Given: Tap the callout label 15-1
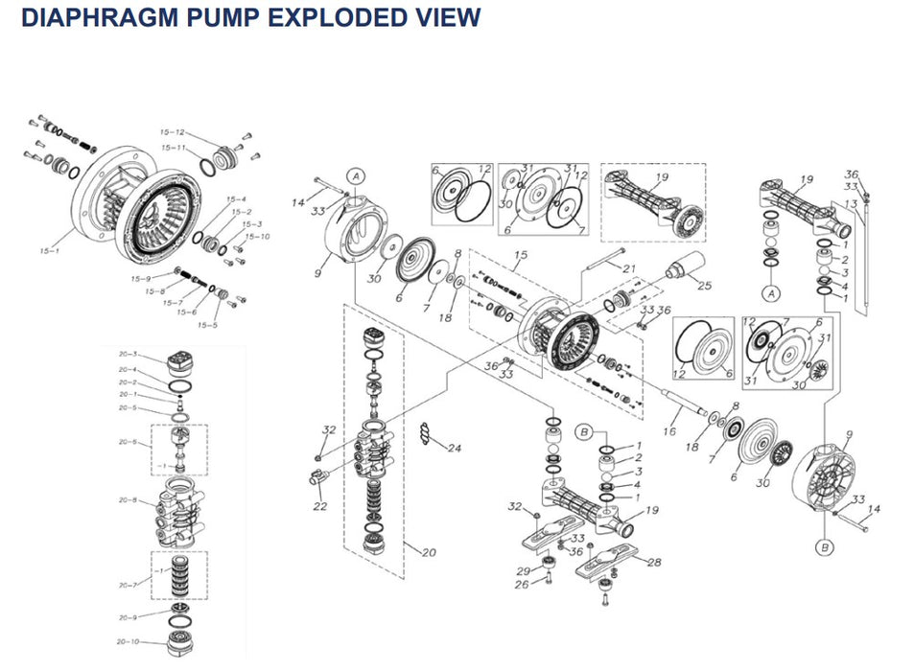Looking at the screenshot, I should click(47, 252).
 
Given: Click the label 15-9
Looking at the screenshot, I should click(141, 279).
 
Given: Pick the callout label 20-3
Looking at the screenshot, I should click(129, 355).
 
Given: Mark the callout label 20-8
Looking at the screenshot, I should click(129, 500).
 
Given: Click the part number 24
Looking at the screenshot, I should click(455, 448).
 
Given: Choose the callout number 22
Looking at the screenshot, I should click(320, 507).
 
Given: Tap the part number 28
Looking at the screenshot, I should click(655, 562).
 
